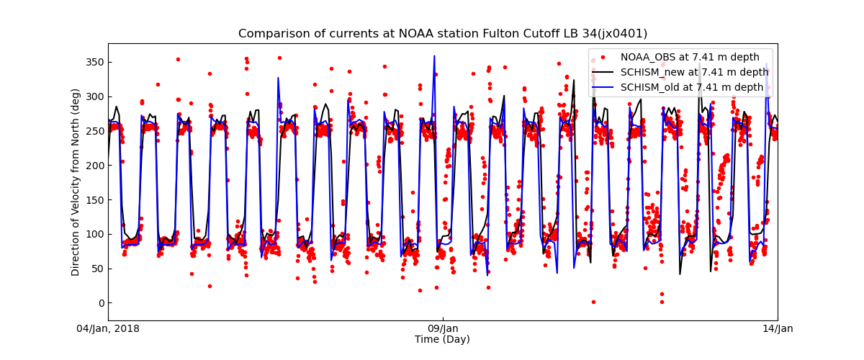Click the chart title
pos(443,34)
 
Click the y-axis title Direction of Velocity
pos(76,182)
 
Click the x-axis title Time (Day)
pos(442,339)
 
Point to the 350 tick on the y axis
pos(94,62)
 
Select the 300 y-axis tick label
pos(94,96)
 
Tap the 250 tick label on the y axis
pos(94,131)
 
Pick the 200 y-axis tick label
pos(94,166)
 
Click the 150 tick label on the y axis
pos(94,200)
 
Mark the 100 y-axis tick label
pos(94,235)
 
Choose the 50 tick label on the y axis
pos(97,269)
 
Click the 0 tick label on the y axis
pos(100,303)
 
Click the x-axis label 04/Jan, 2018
pos(108,329)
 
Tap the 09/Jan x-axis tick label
pos(442,329)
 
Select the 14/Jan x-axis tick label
pos(777,329)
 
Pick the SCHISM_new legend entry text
pos(694,72)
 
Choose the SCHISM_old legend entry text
pos(692,87)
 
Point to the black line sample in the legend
pos(603,72)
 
